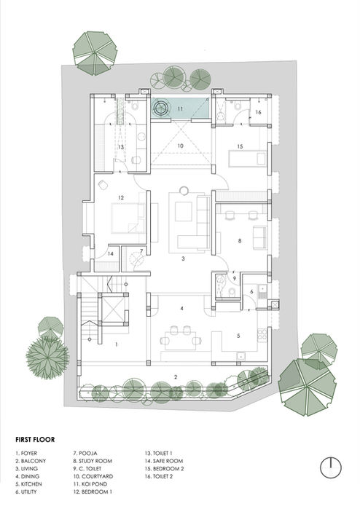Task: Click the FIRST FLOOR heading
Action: pos(35,440)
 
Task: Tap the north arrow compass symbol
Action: pos(331,467)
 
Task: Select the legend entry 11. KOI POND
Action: pos(90,484)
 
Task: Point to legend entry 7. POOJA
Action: pos(85,453)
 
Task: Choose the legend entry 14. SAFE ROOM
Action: pos(164,461)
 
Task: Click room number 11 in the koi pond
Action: pos(180,108)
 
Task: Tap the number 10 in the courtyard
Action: pos(180,146)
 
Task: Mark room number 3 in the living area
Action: pos(183,259)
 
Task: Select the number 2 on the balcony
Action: pos(176,377)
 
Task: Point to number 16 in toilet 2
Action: pos(259,112)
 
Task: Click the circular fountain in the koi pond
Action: pos(161,108)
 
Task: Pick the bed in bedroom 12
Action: pos(128,218)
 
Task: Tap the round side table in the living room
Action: pos(184,191)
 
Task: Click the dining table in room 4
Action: pos(181,340)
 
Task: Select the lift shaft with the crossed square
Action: pos(113,309)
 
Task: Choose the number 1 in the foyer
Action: pos(117,344)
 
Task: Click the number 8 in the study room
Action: pos(240,241)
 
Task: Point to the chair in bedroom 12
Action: pos(103,185)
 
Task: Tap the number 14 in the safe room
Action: pos(111,254)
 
